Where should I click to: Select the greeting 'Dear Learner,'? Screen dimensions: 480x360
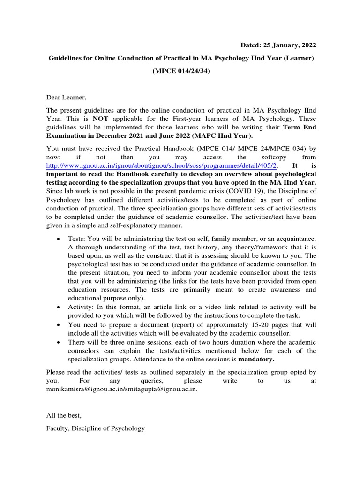(67, 97)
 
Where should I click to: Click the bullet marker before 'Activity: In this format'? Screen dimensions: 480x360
(58, 307)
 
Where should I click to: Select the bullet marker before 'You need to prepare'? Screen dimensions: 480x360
(58, 324)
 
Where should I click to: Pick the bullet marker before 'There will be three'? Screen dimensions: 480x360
(58, 342)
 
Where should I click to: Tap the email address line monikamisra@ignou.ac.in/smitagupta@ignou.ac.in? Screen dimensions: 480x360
(122, 389)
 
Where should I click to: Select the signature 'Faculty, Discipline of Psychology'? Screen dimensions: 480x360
(96, 428)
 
